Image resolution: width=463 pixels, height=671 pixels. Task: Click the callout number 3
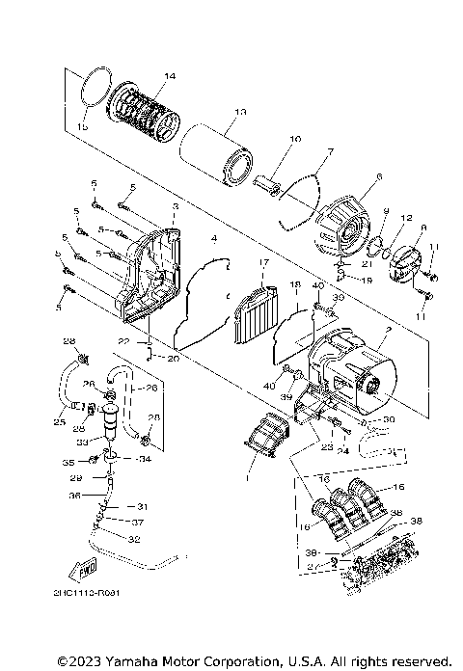(x=175, y=207)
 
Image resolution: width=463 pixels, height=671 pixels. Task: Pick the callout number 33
(x=82, y=443)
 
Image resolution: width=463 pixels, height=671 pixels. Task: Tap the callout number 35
(x=68, y=463)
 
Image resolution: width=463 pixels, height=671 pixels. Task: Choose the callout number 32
(x=134, y=539)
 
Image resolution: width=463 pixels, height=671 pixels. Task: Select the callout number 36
(x=74, y=497)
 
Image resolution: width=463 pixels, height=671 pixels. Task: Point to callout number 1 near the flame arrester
(x=247, y=474)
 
